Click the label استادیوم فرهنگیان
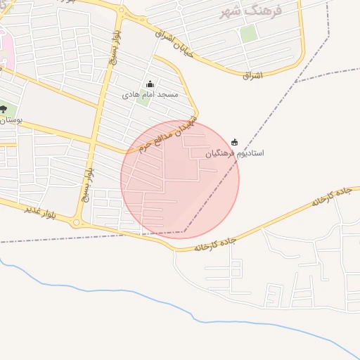[x=235, y=153]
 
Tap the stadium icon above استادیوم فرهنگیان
[x=234, y=142]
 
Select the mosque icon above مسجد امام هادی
[x=150, y=84]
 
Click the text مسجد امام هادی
[x=150, y=94]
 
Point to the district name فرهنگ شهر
[x=250, y=11]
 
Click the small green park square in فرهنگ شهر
[x=248, y=34]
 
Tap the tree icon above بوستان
[x=4, y=109]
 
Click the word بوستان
[x=11, y=120]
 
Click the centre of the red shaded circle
[x=180, y=179]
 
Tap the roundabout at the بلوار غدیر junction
[x=77, y=224]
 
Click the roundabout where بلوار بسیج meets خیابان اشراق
[x=121, y=11]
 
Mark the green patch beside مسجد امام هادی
[x=143, y=98]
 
